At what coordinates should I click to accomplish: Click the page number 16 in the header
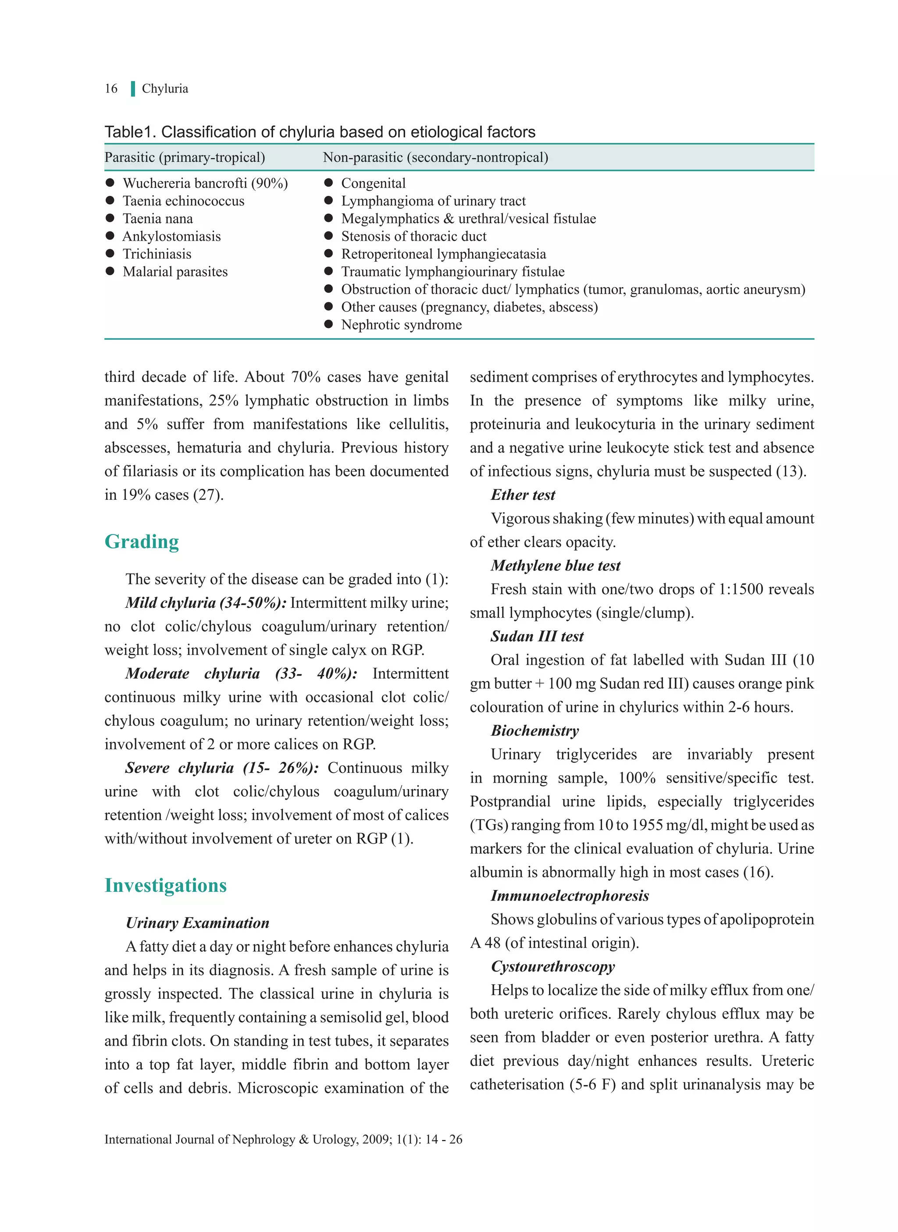tap(111, 89)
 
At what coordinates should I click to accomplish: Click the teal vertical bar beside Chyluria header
tap(132, 89)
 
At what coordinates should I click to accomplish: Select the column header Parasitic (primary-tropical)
tap(185, 157)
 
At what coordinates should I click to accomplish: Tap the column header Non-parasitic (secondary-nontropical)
tap(435, 157)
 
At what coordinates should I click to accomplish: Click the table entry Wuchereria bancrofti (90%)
tap(205, 183)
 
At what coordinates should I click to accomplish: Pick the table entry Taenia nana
tap(158, 218)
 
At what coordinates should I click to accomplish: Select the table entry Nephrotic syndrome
tap(401, 324)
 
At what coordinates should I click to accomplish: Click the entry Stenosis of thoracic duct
tap(413, 236)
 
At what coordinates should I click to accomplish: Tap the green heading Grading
tap(142, 542)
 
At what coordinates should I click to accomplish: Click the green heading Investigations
tap(166, 885)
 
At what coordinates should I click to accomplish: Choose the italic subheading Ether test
tap(523, 495)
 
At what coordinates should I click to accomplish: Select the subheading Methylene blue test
tap(555, 566)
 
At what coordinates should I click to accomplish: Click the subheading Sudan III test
tap(537, 636)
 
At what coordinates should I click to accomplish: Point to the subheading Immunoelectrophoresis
tap(570, 896)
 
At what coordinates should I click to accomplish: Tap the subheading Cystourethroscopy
tap(553, 966)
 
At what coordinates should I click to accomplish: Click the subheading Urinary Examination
tap(197, 923)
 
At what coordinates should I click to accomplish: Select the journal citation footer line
tap(283, 1139)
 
